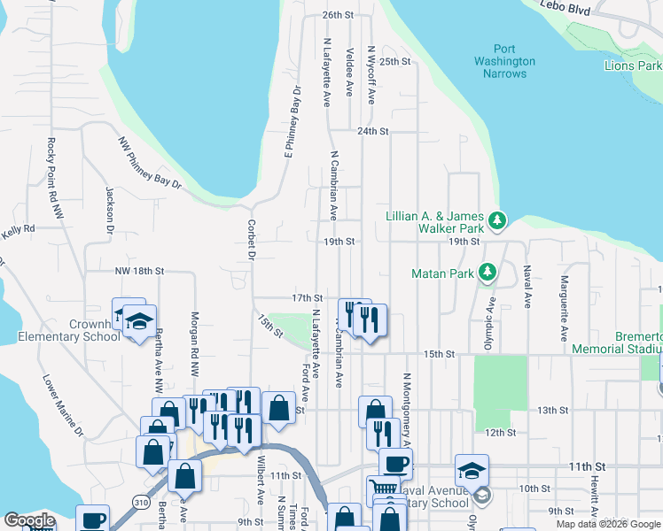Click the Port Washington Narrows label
504,61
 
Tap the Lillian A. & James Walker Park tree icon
498,219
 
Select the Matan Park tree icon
487,273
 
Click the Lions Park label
633,66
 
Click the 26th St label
338,16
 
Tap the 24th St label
373,131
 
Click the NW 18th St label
140,271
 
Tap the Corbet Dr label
252,239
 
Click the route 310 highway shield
141,501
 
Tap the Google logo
29,520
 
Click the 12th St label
501,432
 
